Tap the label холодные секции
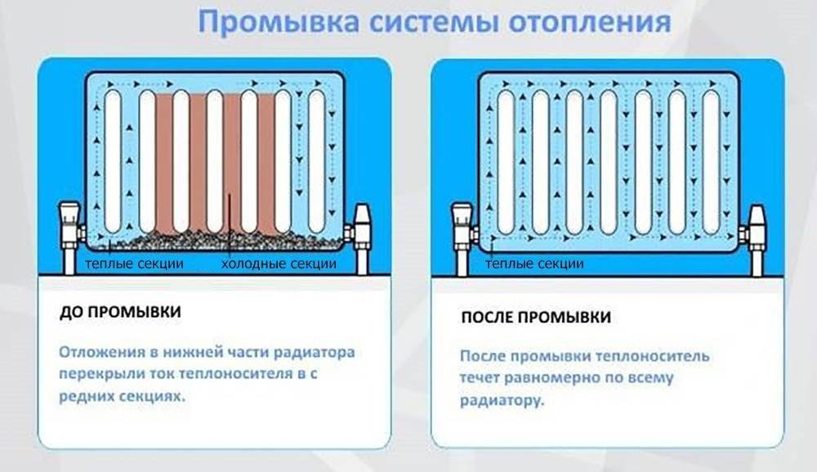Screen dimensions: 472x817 pos(279,264)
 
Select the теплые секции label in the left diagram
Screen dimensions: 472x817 pos(134,264)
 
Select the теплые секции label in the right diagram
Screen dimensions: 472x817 pos(538,264)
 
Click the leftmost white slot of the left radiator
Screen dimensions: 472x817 pos(114,160)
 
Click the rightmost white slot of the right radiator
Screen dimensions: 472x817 pos(712,160)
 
